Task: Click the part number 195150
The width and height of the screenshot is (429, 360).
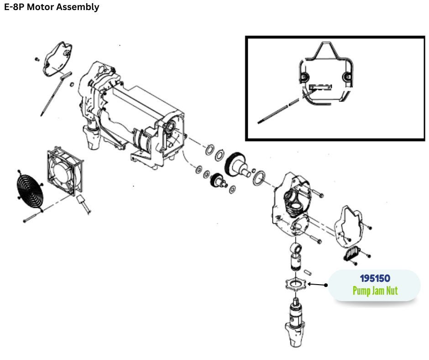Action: tap(375, 278)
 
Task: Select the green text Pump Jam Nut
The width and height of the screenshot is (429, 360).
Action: tap(375, 291)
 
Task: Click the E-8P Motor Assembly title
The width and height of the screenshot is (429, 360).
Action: tap(51, 7)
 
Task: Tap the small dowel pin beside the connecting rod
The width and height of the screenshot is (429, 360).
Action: tap(309, 270)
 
